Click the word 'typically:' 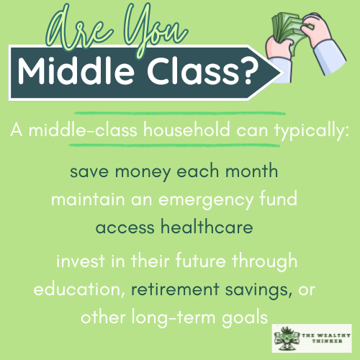[x=309, y=132]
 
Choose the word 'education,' [x=80, y=289]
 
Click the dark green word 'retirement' [x=174, y=289]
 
